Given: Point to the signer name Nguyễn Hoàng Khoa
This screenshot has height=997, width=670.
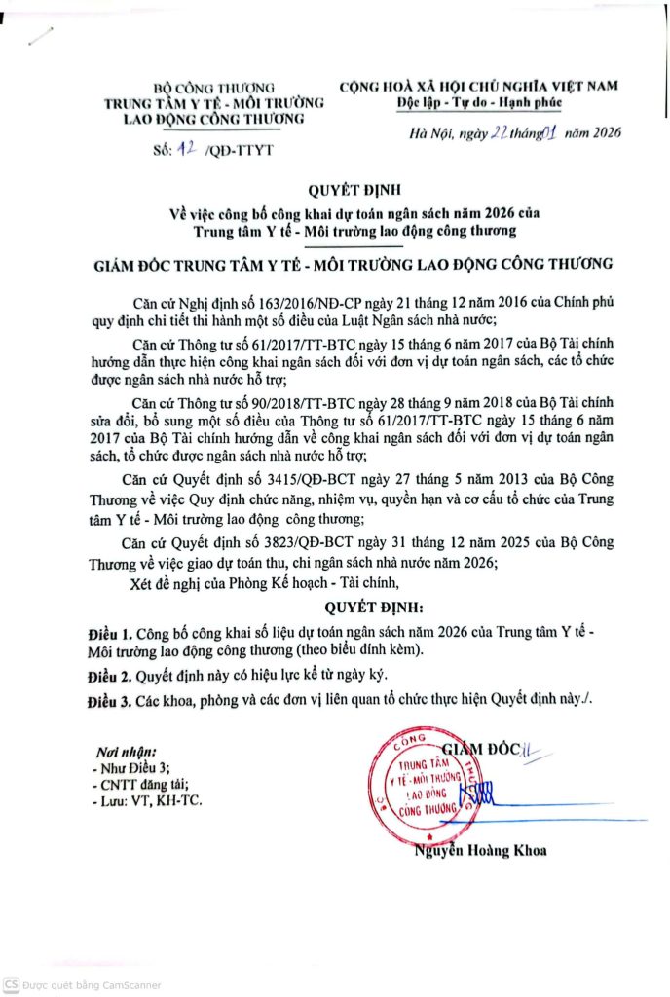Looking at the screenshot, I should pos(478,850).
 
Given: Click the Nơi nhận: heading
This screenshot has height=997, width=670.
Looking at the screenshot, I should pos(127,752).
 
